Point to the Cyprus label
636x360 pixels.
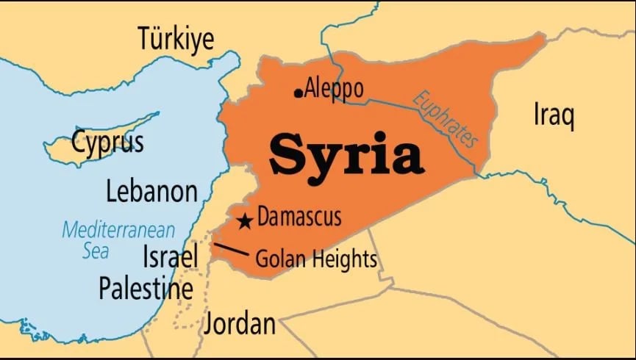coord(107,141)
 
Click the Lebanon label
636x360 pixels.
coord(151,191)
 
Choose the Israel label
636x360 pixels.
coord(171,256)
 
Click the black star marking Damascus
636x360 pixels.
coord(245,220)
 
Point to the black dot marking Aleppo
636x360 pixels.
coord(298,93)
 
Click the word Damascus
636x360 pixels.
coord(299,217)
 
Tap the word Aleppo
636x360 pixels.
coord(334,88)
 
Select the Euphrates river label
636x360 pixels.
coord(446,120)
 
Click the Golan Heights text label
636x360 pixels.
coord(315,259)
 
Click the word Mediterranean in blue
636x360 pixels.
coord(118,229)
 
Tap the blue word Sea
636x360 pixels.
coord(95,251)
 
